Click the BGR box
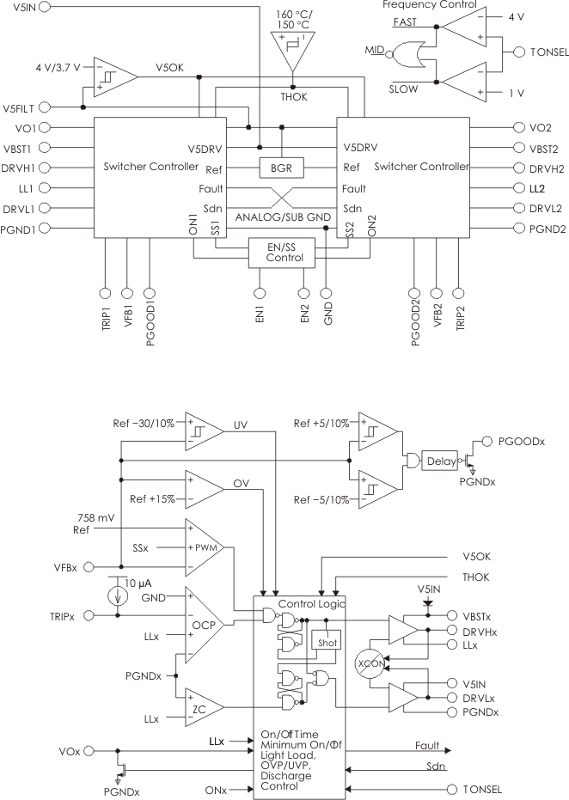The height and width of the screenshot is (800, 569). point(282,168)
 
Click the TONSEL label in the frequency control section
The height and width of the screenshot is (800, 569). point(548,52)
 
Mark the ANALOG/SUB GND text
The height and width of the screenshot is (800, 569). point(282,217)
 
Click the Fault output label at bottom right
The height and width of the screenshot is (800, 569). point(425,746)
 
